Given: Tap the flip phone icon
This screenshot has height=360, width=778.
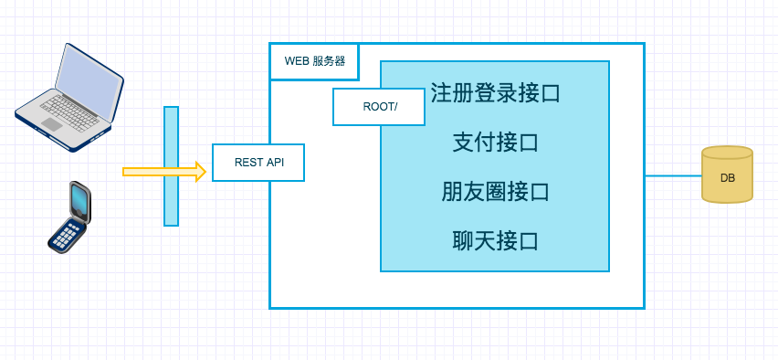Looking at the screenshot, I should coord(70,217).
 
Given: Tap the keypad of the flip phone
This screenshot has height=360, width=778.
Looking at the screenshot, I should coord(65,234).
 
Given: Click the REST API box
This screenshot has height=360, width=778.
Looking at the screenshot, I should coord(258,163).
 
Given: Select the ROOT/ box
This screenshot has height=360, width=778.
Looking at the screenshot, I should coord(379,107).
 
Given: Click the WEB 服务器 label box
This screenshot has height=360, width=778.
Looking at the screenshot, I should coord(314,61).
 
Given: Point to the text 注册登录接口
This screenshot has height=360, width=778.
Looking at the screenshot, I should coord(495,93).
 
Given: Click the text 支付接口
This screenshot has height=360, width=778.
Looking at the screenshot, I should coord(495,143).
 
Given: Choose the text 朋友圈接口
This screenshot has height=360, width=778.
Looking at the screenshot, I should coord(495,192).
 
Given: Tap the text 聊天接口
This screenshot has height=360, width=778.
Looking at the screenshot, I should coord(495,241).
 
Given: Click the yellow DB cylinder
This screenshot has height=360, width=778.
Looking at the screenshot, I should coord(727,175).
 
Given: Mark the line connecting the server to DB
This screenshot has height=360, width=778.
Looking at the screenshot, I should coord(673,175).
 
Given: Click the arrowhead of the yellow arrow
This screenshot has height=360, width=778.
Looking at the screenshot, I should coord(200,171).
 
